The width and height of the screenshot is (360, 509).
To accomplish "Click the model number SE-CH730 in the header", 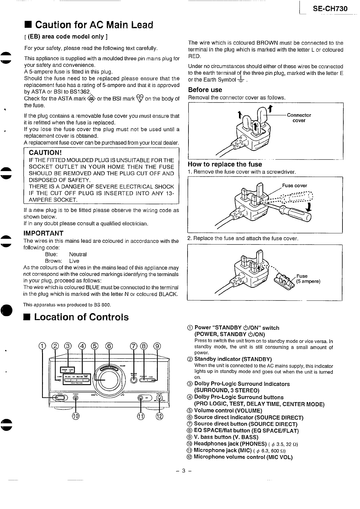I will click(x=330, y=9).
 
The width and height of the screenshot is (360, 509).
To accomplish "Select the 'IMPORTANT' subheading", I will click(x=43, y=233).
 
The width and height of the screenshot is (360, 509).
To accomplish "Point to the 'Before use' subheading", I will click(x=205, y=90).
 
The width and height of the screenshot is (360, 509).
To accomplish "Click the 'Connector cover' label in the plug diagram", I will click(x=299, y=118).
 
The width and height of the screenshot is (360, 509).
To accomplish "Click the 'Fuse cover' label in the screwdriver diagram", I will click(x=294, y=186).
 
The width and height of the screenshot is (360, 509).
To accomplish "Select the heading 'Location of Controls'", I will click(x=81, y=317).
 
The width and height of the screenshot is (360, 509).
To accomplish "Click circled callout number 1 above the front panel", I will click(x=43, y=346).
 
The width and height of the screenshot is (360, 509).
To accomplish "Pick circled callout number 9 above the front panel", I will click(x=158, y=346).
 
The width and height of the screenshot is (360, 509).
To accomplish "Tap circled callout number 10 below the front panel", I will click(x=76, y=416).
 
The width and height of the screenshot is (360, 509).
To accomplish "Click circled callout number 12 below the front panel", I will click(x=159, y=416).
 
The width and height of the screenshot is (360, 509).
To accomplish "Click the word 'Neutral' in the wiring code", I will click(x=78, y=254).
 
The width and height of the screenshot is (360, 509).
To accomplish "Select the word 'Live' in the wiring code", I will click(x=74, y=261).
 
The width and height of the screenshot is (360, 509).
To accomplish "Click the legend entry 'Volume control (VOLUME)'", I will click(x=228, y=410).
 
